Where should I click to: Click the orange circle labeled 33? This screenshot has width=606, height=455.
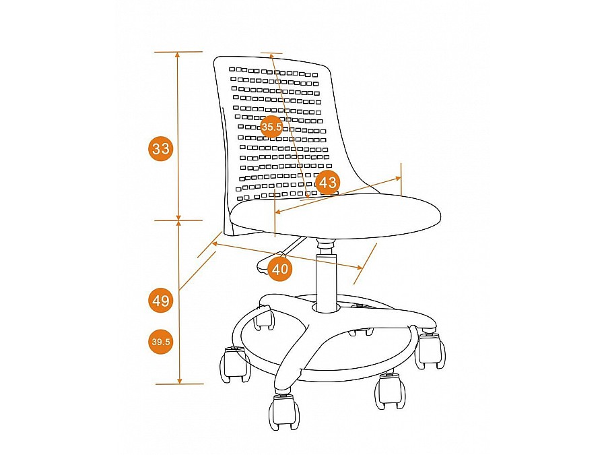point(161,148)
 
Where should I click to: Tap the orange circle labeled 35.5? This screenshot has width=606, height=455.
point(271,127)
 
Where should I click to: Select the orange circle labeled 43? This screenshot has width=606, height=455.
point(328,182)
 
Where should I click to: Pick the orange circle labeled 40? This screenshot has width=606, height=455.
point(279,268)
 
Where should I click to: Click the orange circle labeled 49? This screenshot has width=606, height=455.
point(161,300)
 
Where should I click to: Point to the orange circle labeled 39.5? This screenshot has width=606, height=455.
point(161,342)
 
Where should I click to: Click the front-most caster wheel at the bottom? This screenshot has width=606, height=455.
point(284,413)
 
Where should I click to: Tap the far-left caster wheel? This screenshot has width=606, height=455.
point(234,364)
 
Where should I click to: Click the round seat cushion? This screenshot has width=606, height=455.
point(335,216)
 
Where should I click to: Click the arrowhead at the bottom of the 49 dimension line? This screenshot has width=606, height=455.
point(179,380)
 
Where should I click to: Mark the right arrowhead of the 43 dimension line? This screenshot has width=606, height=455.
point(397,179)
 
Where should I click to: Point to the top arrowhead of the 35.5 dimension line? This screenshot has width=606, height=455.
point(272,56)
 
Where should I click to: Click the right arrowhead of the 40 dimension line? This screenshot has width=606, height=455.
point(360,267)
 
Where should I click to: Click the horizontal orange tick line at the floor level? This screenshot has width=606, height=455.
point(179,384)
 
